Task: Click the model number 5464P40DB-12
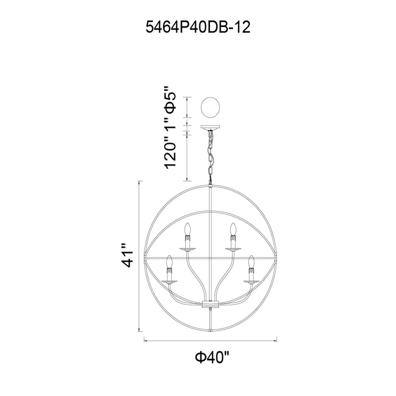point(198,27)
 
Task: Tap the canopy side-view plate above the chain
point(210,127)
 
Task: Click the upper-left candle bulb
point(187,228)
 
